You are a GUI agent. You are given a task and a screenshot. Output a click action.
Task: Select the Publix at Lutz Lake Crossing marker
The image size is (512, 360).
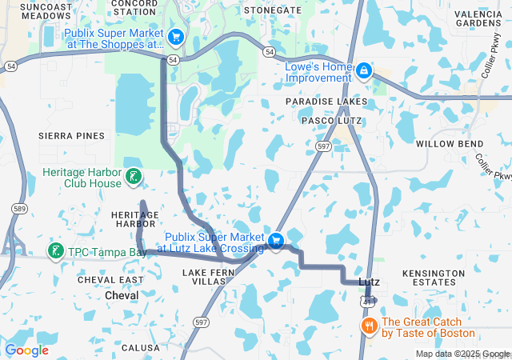click(x=276, y=241)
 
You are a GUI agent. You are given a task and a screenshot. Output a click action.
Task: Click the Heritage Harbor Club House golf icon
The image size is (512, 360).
click(x=134, y=176)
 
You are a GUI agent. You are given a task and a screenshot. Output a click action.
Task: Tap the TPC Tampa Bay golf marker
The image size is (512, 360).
click(x=55, y=251)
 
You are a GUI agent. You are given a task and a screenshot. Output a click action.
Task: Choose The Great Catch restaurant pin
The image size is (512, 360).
click(x=369, y=326)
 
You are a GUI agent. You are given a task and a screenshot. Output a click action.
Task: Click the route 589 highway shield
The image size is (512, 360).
click(x=17, y=208)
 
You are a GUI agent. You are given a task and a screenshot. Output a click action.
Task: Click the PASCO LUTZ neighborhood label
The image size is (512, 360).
click(x=331, y=120)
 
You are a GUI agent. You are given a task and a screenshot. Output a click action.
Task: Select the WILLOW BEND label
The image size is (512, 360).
click(x=446, y=144)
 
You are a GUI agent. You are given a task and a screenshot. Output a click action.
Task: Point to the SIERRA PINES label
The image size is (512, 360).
click(x=72, y=136)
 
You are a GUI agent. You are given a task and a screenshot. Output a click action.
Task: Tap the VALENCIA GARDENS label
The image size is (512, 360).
click(x=478, y=19)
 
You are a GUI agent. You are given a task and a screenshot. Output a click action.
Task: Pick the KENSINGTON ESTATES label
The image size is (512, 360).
click(x=434, y=278)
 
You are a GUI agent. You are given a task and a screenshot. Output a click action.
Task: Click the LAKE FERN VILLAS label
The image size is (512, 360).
click(x=205, y=278)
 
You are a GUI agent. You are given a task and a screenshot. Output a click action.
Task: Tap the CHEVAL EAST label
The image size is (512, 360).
click(x=110, y=279)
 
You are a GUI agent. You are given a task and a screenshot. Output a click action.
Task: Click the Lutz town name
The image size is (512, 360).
click(x=369, y=282)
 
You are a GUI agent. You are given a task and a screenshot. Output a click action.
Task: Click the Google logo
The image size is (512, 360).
click(x=26, y=350)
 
